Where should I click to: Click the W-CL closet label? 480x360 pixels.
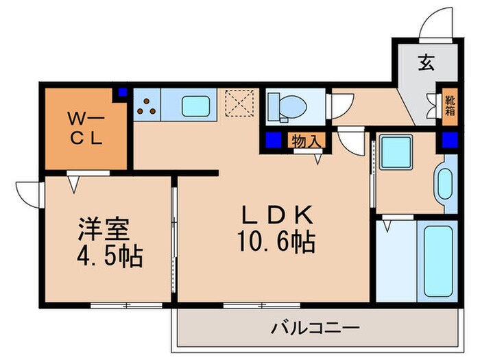pyautogui.click(x=84, y=128)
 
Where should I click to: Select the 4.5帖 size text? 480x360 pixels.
pyautogui.click(x=109, y=257)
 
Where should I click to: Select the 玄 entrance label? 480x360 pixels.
pyautogui.click(x=427, y=63)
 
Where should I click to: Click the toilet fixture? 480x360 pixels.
pyautogui.click(x=289, y=105)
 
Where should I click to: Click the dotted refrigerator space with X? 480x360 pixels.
pyautogui.click(x=241, y=105)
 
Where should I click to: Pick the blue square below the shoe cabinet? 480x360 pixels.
pyautogui.click(x=449, y=141)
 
